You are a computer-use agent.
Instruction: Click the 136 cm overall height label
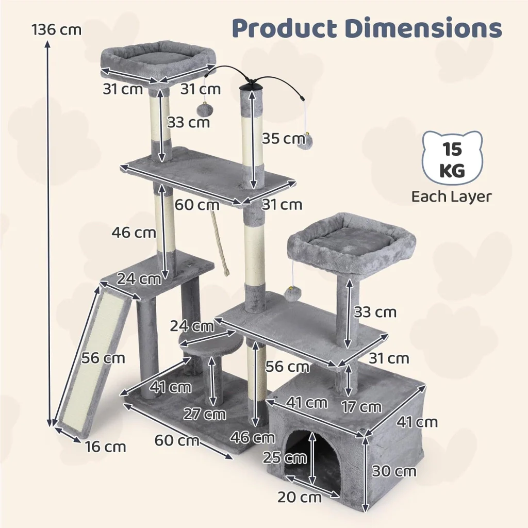(57, 29)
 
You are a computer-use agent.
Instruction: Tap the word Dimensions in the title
(424, 28)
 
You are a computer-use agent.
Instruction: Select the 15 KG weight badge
(452, 159)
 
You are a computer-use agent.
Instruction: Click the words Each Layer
(452, 196)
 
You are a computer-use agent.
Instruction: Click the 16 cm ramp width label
(105, 447)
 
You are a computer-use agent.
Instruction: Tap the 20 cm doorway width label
(300, 497)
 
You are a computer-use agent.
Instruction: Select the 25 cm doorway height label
(285, 458)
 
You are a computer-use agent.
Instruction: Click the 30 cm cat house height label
(394, 471)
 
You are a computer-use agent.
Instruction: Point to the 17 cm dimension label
(361, 407)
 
